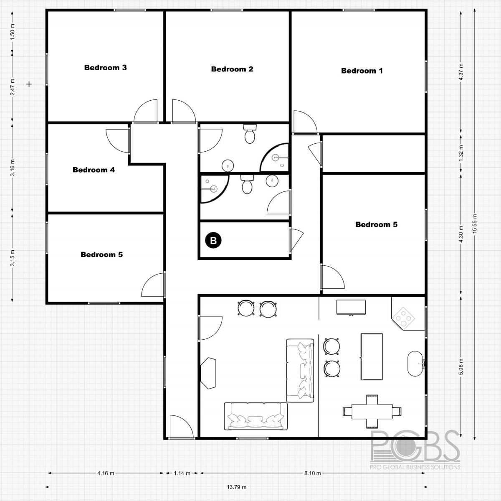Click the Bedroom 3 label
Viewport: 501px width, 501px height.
click(105, 68)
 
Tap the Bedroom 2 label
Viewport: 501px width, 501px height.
click(232, 69)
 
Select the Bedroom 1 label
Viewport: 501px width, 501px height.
click(362, 71)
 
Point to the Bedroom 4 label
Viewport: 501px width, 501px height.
click(94, 170)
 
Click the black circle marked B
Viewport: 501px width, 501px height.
click(213, 240)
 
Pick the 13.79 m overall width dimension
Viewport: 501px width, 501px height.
click(236, 487)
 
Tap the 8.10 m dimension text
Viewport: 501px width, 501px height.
click(312, 473)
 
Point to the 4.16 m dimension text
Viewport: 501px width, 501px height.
click(106, 473)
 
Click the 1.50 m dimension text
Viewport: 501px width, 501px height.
click(13, 32)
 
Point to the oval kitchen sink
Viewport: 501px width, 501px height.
click(415, 364)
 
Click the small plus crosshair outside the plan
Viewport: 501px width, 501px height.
click(29, 84)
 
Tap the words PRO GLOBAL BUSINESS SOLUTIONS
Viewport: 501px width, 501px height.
click(416, 466)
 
